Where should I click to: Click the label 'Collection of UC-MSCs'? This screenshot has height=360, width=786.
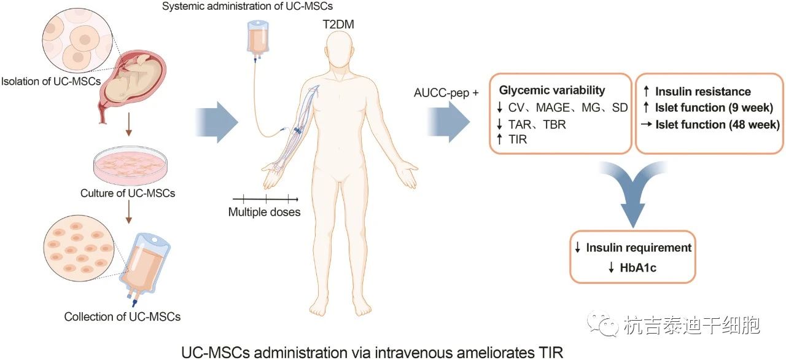click(x=122, y=317)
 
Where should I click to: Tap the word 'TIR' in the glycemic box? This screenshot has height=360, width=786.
click(x=518, y=140)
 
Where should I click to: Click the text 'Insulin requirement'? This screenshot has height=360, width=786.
click(x=639, y=248)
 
